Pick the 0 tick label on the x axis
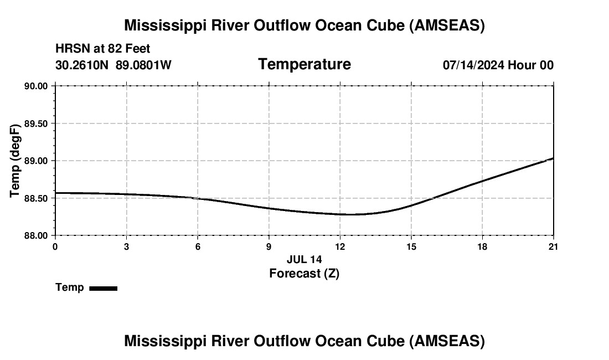(55, 246)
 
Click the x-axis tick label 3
(126, 246)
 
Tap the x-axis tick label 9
(269, 246)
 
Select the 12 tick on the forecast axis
(340, 246)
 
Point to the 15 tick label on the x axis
(411, 246)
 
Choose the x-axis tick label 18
(482, 246)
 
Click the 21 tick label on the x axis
(553, 246)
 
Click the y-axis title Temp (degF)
(16, 161)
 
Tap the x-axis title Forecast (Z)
(304, 274)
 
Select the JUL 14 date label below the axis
(304, 259)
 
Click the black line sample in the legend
(103, 288)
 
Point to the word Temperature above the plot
(304, 64)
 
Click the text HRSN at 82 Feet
(103, 49)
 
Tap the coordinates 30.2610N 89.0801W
(113, 65)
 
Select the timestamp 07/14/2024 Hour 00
(498, 65)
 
